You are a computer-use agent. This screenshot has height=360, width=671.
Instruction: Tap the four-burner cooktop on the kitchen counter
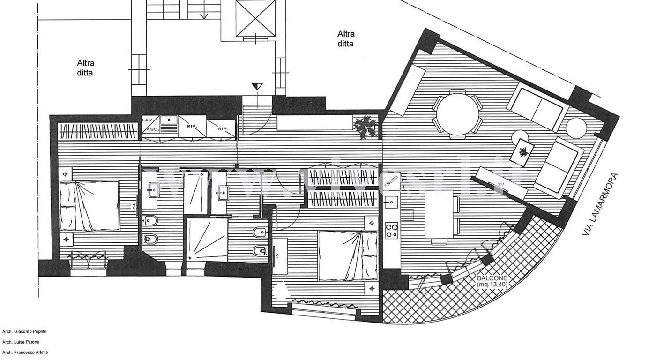click(x=392, y=230)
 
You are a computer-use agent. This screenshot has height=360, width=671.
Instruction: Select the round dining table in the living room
click(x=456, y=114)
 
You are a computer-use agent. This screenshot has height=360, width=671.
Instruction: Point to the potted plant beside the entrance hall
click(x=366, y=126)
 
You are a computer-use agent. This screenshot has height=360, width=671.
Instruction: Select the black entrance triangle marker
click(x=257, y=87)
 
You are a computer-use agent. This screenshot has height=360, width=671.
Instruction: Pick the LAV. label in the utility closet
click(x=147, y=120)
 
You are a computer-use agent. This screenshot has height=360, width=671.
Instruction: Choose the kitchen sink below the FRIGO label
click(x=389, y=203)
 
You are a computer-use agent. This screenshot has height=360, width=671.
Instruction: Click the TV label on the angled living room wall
click(x=500, y=184)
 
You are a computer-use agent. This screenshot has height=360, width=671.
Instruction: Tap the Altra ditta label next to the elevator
click(x=346, y=39)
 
